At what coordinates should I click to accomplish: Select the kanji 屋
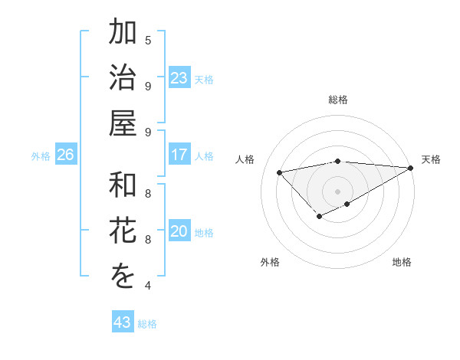[x=123, y=123]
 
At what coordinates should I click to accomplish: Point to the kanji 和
[x=123, y=186]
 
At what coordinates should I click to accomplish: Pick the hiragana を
[x=123, y=277]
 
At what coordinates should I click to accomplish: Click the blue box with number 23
[x=179, y=78]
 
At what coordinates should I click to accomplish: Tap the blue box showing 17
[x=179, y=155]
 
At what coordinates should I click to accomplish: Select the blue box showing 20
[x=179, y=231]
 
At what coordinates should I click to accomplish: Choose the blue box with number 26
[x=66, y=155]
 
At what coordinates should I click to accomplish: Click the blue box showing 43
[x=123, y=322]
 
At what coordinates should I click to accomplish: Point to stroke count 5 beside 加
[x=148, y=40]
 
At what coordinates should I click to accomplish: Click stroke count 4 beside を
[x=148, y=286]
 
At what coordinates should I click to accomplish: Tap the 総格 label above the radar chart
[x=338, y=100]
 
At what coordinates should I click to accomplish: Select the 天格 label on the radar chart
[x=431, y=159]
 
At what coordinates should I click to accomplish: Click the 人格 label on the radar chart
[x=245, y=159]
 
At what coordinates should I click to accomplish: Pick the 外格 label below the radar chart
[x=270, y=263]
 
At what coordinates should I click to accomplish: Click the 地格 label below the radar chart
[x=402, y=263]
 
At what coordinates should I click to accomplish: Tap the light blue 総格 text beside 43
[x=147, y=324]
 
